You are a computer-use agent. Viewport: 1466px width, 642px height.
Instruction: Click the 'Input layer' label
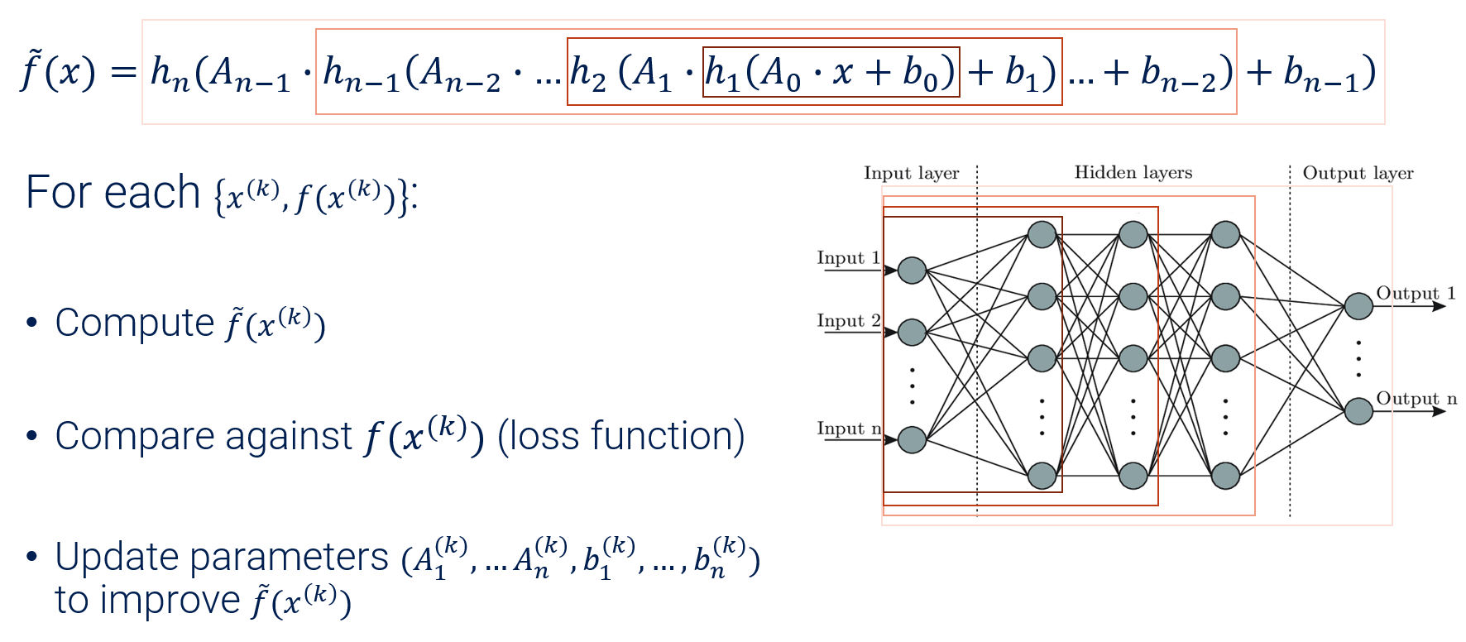click(x=911, y=173)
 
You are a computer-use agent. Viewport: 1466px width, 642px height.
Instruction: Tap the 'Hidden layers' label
click(x=1133, y=172)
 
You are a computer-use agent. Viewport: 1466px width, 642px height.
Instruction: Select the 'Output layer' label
click(x=1358, y=173)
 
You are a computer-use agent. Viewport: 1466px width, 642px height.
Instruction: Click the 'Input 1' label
click(x=848, y=257)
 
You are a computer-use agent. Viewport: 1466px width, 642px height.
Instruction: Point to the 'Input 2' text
click(x=848, y=320)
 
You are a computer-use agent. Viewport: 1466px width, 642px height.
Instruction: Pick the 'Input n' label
click(x=848, y=428)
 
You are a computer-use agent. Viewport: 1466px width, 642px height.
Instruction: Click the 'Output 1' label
click(x=1415, y=293)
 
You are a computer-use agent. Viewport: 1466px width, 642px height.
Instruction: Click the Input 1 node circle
click(x=912, y=271)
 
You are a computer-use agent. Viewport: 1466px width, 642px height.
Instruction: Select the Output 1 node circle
click(x=1358, y=306)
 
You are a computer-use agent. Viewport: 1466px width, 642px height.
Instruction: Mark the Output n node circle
click(x=1358, y=410)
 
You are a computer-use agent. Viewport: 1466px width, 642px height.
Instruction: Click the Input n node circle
click(x=912, y=439)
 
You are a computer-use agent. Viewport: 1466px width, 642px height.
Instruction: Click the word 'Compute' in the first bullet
click(x=135, y=323)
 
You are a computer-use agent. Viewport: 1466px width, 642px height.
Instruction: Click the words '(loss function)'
click(x=620, y=436)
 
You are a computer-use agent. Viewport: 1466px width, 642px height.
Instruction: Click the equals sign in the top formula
click(x=122, y=72)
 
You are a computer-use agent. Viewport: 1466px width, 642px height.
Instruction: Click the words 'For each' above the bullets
click(x=113, y=193)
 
